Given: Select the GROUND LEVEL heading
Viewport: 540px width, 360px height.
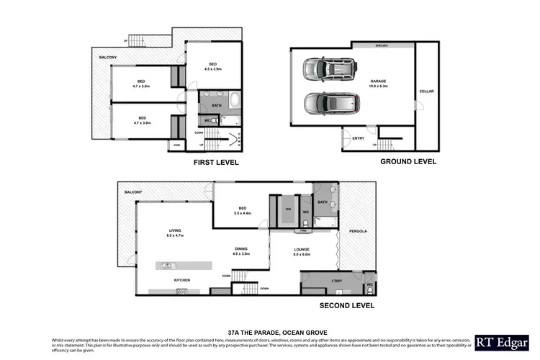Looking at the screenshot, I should pos(408,162).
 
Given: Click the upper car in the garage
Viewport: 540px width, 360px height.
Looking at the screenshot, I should pos(330,69).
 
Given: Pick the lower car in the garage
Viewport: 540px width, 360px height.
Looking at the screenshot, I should pos(330,103).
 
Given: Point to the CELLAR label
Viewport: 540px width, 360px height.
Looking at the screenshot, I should pos(426,92).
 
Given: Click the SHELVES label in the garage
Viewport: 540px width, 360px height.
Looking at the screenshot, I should pos(381,45).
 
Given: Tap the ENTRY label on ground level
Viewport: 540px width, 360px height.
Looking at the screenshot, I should pos(358,138).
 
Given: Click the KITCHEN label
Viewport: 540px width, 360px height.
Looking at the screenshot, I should pos(183,280).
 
